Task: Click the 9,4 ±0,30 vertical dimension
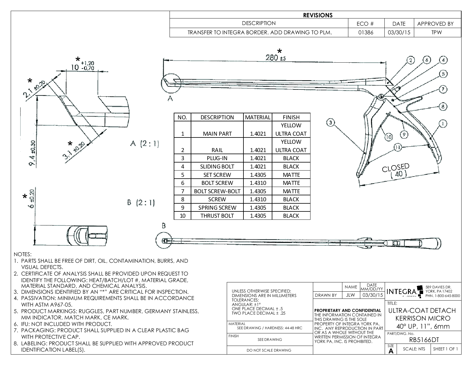click(x=32, y=153)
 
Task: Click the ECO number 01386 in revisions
click(x=366, y=33)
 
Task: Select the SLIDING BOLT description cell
click(x=217, y=167)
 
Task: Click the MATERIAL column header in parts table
click(x=258, y=117)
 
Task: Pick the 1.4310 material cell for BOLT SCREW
click(x=258, y=183)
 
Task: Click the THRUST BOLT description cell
click(x=217, y=216)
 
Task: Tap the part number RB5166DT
click(x=423, y=340)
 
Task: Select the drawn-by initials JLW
click(x=350, y=295)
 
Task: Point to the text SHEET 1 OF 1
click(x=445, y=349)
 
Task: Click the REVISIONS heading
click(x=318, y=15)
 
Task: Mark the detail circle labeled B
click(x=164, y=240)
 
